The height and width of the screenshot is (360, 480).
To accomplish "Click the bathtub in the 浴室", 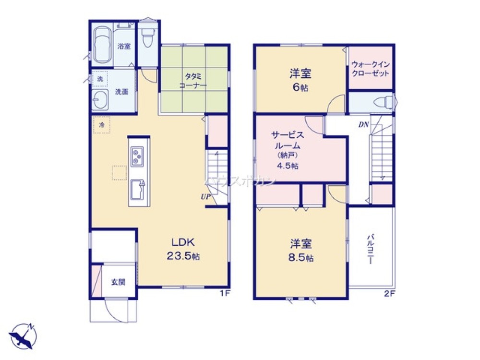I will click(x=102, y=44).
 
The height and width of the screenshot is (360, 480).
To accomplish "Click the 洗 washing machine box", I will click(x=100, y=79).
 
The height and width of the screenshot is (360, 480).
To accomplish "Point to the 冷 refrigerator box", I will click(x=102, y=124).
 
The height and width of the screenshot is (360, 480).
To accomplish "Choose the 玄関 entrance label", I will click(x=119, y=282).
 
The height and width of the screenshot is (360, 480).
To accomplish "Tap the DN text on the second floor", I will click(x=363, y=125).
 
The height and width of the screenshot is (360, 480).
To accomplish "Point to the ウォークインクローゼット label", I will click(x=370, y=69).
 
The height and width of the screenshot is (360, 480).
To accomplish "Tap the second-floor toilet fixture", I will click(x=384, y=102).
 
